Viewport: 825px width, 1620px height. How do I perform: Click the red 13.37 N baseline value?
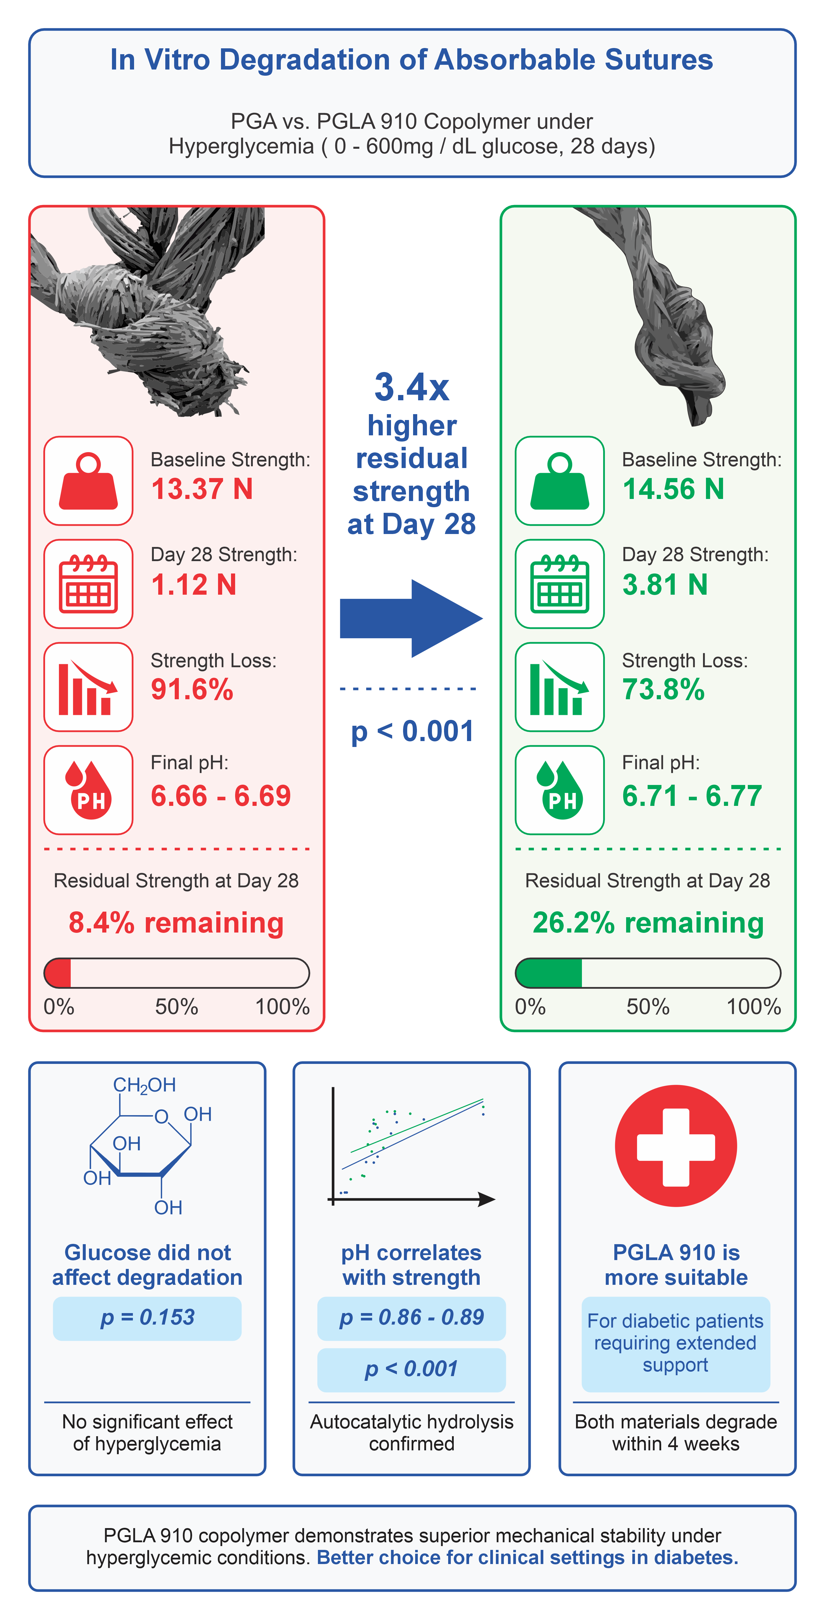pos(202,489)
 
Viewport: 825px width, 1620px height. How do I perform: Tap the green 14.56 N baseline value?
pos(673,489)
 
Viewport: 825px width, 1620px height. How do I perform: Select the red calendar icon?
pos(88,583)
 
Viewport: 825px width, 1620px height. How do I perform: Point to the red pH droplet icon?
pos(88,790)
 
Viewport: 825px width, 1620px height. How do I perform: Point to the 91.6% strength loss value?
pos(192,689)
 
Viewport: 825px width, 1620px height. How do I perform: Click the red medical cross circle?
pos(676,1146)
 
